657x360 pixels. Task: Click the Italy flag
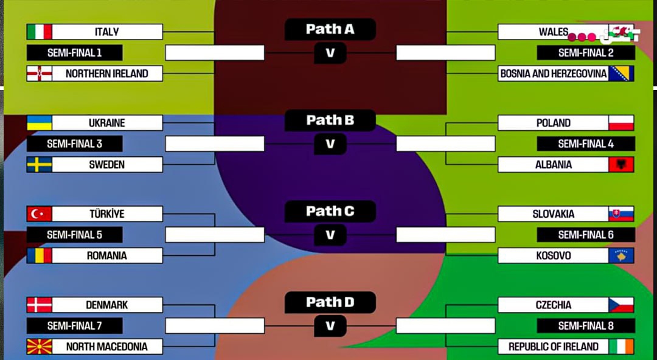pos(40,32)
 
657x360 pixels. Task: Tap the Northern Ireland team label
pos(107,74)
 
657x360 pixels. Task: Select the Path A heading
pos(330,29)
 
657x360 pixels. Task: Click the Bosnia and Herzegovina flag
pos(621,74)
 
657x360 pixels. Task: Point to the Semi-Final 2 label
pos(586,53)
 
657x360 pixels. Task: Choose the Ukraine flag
pos(40,123)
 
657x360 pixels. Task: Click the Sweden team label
pos(107,164)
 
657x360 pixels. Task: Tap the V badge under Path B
pos(330,144)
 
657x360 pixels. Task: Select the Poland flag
pos(621,123)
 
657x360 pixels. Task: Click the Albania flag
pos(621,164)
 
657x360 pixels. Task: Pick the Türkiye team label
pos(107,214)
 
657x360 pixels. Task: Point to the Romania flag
pos(40,255)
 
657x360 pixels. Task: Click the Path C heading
pos(330,212)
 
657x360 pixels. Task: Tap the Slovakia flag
pos(621,214)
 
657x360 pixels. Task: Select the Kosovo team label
pos(553,255)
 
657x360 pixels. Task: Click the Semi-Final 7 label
pos(74,326)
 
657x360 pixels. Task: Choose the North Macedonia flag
pos(40,347)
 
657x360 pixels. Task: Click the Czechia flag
pos(621,305)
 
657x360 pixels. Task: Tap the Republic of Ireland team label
pos(553,347)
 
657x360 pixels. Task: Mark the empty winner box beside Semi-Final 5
pos(215,235)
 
